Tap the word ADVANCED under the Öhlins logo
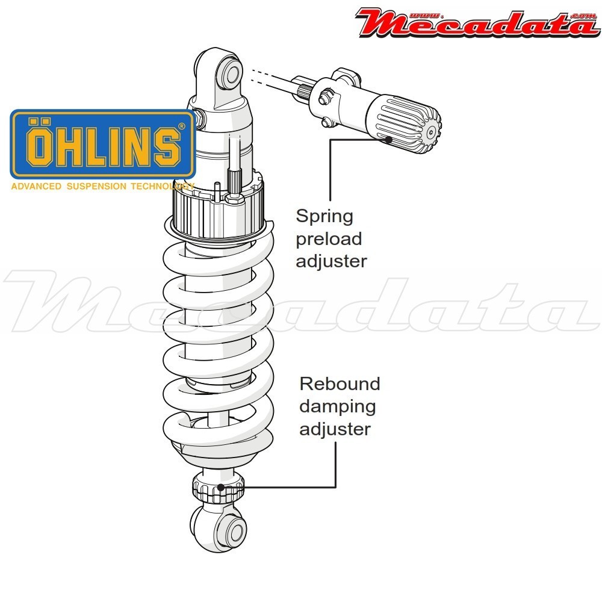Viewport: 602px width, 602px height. pos(36,186)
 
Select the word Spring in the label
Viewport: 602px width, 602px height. pos(324,216)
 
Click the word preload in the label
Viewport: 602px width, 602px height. pos(329,239)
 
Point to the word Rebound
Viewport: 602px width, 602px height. pos(340,383)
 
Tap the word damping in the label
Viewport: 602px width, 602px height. pos(337,406)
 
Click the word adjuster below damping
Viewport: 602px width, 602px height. pos(335,429)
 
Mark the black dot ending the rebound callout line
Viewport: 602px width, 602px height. pos(222,487)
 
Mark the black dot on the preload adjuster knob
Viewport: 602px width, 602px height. pos(389,139)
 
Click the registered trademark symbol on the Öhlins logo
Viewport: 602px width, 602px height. pos(182,126)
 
